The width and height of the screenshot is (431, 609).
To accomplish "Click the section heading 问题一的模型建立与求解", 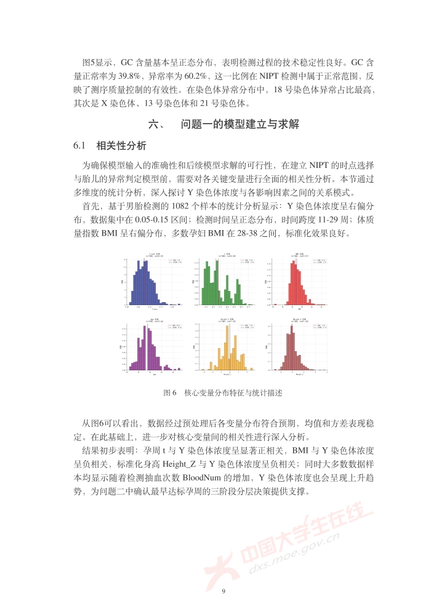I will pos(240,124).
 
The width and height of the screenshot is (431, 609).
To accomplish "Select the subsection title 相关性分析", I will pos(121,146).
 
